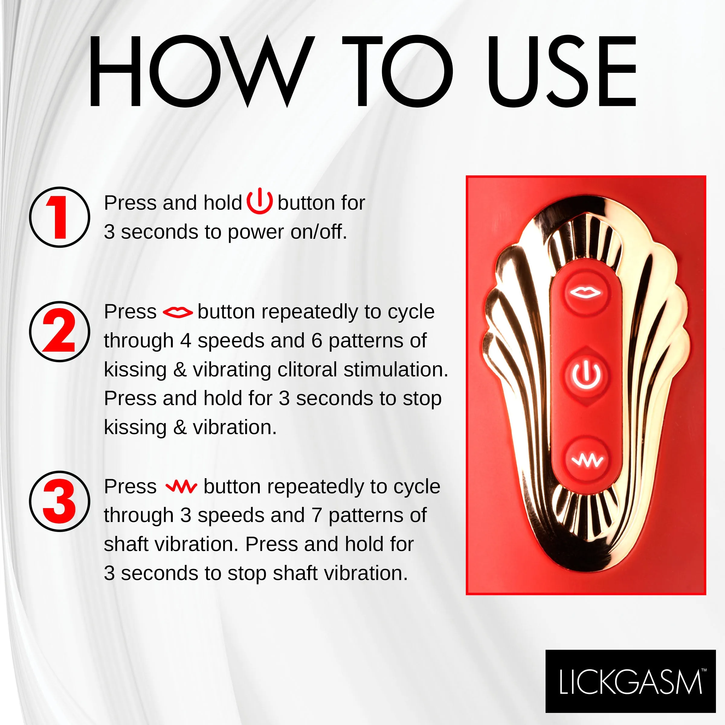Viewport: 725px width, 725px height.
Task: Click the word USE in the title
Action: click(x=562, y=71)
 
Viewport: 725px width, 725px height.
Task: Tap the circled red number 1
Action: click(x=60, y=217)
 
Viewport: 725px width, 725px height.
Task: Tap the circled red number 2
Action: click(x=60, y=331)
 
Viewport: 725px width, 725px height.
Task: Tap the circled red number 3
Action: click(x=60, y=501)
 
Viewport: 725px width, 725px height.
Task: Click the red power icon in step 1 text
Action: click(x=259, y=202)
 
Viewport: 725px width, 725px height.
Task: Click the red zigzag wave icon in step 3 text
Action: click(x=181, y=487)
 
